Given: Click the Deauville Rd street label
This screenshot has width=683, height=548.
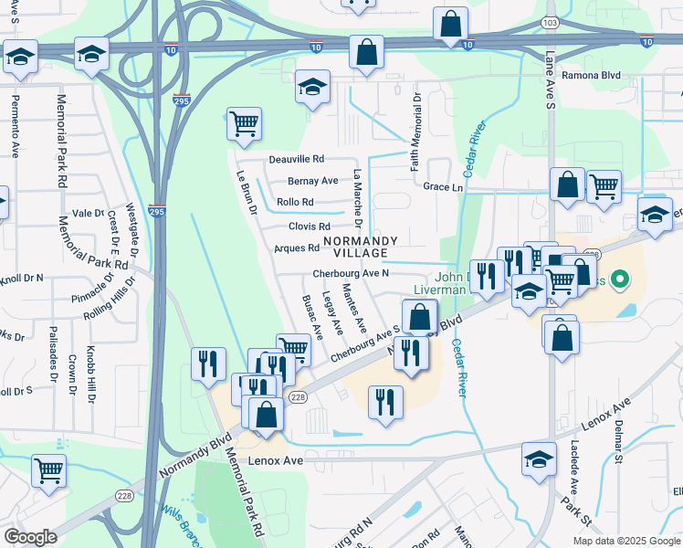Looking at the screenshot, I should [297, 159].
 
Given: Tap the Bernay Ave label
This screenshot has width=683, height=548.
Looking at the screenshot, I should [313, 181].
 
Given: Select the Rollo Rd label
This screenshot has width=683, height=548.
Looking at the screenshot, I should [295, 203].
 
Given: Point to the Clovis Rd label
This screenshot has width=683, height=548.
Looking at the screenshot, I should [309, 227].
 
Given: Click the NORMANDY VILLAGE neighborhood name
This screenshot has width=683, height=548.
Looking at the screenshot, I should [361, 246].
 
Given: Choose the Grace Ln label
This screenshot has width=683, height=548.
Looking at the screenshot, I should [444, 186].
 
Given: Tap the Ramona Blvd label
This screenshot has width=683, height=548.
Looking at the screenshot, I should [591, 76].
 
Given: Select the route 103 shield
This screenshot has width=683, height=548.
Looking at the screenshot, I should [549, 21].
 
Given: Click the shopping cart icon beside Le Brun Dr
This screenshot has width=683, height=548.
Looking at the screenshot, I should [243, 122].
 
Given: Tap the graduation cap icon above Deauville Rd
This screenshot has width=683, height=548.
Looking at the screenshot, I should [312, 88].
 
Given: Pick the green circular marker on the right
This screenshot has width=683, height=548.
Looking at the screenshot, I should [622, 279].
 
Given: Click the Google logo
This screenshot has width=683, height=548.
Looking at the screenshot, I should [30, 537].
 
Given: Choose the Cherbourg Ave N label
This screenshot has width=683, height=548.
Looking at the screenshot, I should [351, 273].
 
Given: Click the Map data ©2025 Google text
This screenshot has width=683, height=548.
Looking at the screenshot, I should [625, 541].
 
